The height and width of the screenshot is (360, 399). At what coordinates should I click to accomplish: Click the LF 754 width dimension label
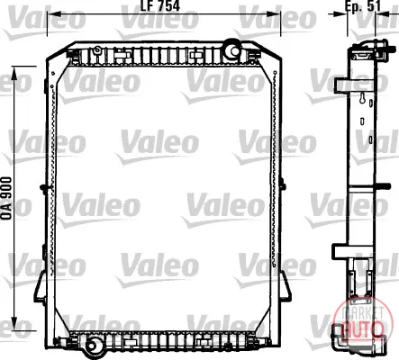(x=160, y=6)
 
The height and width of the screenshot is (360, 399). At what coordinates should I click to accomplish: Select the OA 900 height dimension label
(x=6, y=198)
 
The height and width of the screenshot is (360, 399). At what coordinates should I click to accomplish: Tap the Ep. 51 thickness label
(x=363, y=6)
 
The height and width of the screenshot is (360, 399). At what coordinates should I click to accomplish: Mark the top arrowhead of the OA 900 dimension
(x=14, y=73)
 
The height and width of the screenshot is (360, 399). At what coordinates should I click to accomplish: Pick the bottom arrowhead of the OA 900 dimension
(x=14, y=322)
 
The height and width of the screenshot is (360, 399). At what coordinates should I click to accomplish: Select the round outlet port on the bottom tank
(x=93, y=346)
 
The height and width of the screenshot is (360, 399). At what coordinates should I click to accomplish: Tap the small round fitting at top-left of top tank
(x=97, y=50)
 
